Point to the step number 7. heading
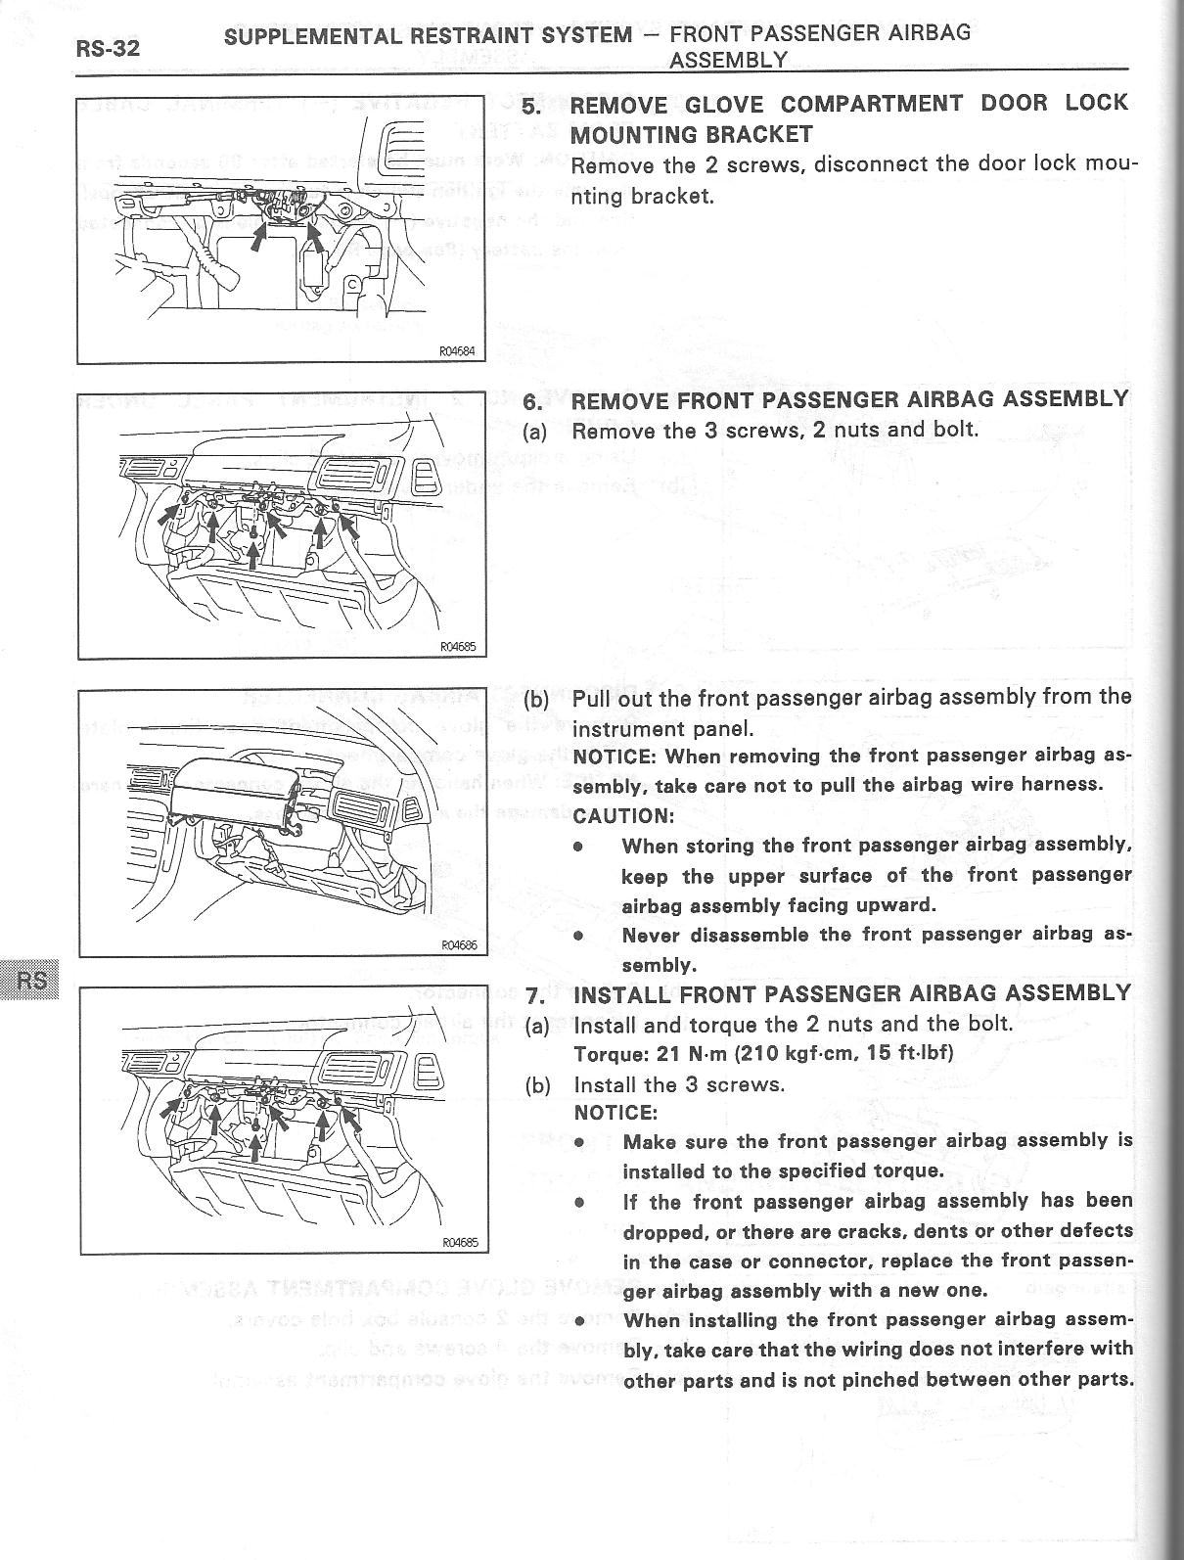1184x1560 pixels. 534,995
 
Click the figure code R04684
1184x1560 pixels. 457,353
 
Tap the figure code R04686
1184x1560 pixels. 457,945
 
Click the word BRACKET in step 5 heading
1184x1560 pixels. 753,134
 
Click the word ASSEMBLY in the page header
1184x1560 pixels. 728,60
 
